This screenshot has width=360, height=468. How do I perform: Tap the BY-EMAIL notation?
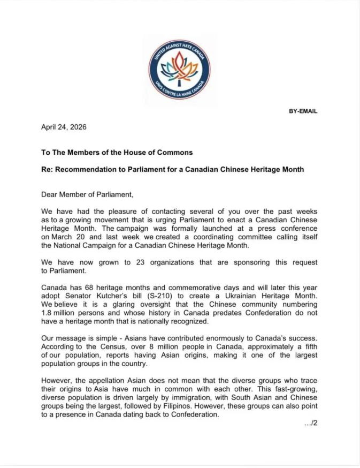coord(303,111)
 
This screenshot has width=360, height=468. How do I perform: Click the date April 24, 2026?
coord(64,127)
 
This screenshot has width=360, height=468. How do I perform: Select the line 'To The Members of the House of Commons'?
coord(117,153)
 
